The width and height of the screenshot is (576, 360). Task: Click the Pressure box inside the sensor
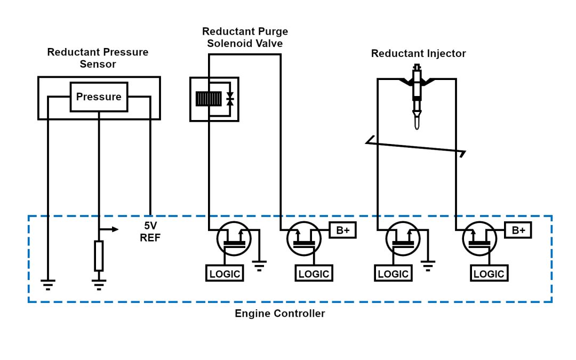pos(99,97)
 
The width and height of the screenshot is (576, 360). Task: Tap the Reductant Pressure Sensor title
pos(98,58)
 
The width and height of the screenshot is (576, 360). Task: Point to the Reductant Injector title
pos(418,53)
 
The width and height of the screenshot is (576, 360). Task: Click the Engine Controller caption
pos(279,314)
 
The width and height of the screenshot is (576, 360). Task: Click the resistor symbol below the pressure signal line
pos(99,255)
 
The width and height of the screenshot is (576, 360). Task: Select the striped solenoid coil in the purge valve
pos(209,99)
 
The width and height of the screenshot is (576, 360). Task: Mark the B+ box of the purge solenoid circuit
pos(342,230)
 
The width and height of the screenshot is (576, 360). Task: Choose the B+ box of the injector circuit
pos(518,230)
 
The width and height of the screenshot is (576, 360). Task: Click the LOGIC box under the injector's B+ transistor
pos(489,274)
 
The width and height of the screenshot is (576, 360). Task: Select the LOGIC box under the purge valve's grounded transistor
pos(225,274)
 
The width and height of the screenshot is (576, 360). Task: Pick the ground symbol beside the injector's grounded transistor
pos(428,265)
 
